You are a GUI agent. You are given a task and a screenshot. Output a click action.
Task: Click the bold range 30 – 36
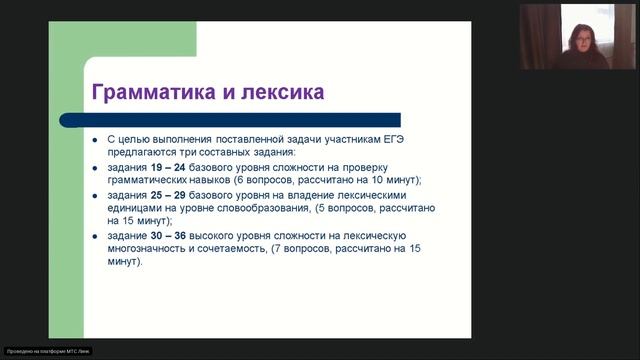pyautogui.click(x=161, y=233)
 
